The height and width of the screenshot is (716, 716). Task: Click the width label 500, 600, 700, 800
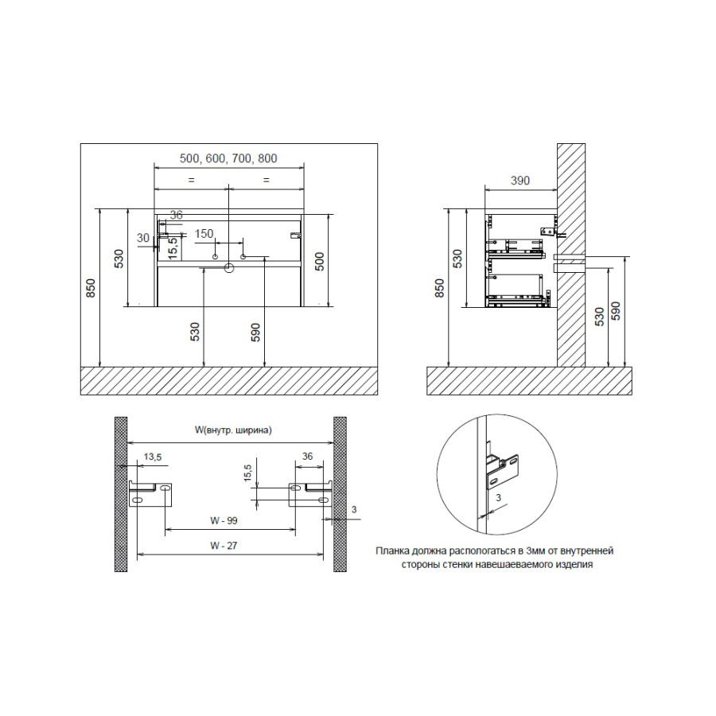tap(228, 158)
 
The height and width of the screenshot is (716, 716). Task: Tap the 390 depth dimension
tap(520, 181)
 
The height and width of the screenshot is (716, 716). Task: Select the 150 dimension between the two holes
tap(204, 234)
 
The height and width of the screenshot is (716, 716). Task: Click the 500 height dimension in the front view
tap(320, 261)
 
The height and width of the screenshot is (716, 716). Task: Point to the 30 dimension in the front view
tap(143, 238)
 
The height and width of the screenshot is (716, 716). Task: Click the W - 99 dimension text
tap(224, 520)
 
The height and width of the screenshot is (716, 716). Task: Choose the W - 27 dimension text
tap(224, 546)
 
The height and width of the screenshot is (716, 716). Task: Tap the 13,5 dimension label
tap(153, 457)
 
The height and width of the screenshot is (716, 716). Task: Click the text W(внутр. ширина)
tap(233, 430)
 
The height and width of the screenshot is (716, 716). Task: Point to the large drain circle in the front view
tap(229, 267)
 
